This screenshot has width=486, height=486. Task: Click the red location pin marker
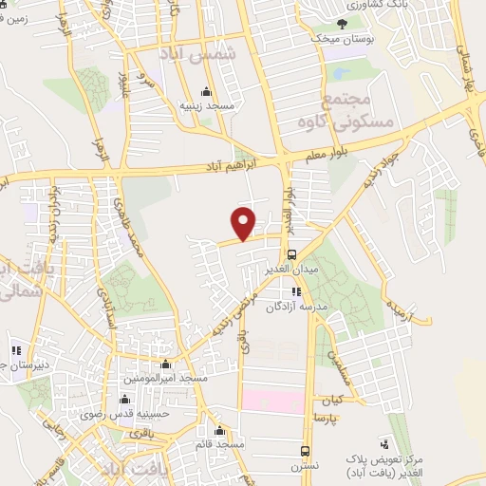(x=245, y=223)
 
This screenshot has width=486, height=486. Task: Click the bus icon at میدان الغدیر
(x=291, y=254)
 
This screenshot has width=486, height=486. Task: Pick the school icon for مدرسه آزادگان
(x=297, y=291)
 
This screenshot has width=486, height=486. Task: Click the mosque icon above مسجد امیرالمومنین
(x=167, y=364)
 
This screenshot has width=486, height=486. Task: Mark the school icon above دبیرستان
(x=14, y=346)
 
